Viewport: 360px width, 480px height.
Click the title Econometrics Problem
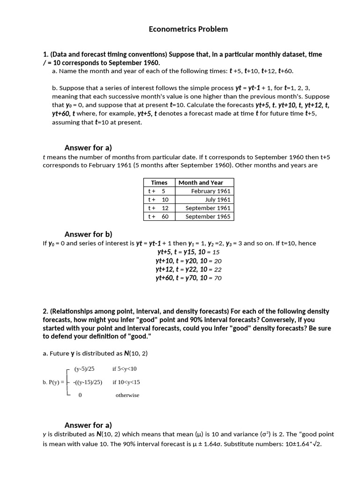click(x=188, y=29)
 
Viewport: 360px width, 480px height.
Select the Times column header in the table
click(x=159, y=182)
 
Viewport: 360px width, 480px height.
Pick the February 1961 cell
click(x=210, y=191)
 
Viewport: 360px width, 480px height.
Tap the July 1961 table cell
click(x=217, y=199)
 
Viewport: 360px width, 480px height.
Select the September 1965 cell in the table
click(x=208, y=216)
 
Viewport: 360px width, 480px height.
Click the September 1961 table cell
click(x=208, y=208)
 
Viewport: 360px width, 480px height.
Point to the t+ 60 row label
click(x=158, y=216)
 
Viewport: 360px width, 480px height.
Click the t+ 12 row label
click(x=158, y=208)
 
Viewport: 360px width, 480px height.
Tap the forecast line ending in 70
click(x=188, y=278)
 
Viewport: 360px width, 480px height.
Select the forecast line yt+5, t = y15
click(x=188, y=252)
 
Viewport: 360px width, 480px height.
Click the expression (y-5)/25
click(x=84, y=369)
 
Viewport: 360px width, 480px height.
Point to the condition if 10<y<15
click(x=126, y=382)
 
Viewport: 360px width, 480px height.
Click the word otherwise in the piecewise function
click(x=127, y=395)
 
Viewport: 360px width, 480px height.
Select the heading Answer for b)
click(x=88, y=234)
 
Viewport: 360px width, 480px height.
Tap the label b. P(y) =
click(x=53, y=382)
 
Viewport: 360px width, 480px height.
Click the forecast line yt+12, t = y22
click(x=188, y=269)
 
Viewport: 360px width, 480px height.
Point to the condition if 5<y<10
click(x=124, y=369)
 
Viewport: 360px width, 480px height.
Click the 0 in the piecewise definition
click(x=80, y=395)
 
